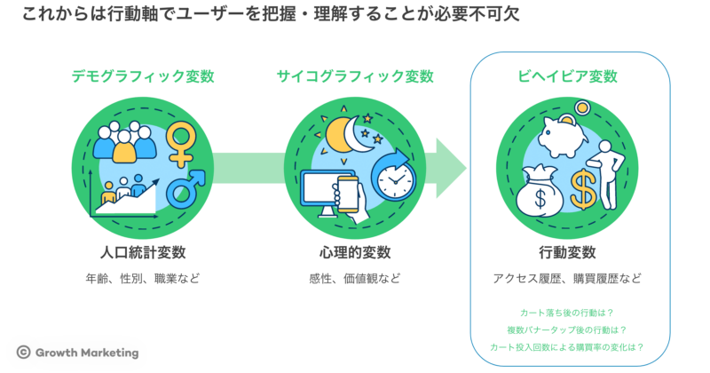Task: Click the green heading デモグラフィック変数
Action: [x=142, y=76]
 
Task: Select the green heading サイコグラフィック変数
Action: [x=355, y=76]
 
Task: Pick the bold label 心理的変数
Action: [x=355, y=251]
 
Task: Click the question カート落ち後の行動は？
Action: [x=568, y=313]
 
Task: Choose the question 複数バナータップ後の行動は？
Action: [x=568, y=329]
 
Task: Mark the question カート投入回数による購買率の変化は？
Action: [x=568, y=347]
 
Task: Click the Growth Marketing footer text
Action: [x=87, y=353]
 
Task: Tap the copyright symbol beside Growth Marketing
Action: [x=24, y=353]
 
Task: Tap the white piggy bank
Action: [x=557, y=134]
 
